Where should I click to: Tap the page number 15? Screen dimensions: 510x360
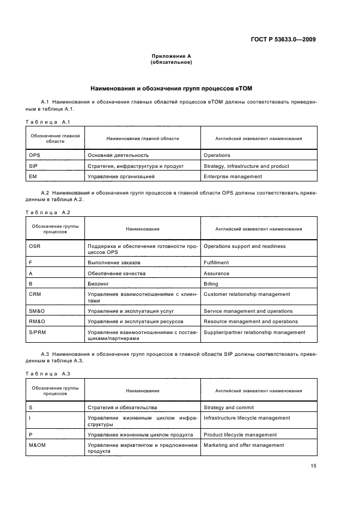coord(313,466)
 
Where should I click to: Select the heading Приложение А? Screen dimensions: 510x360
coord(171,56)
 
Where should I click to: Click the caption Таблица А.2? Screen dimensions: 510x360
coord(48,212)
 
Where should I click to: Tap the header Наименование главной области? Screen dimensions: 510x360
coord(142,138)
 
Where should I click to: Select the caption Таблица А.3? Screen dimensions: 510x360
coord(48,373)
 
